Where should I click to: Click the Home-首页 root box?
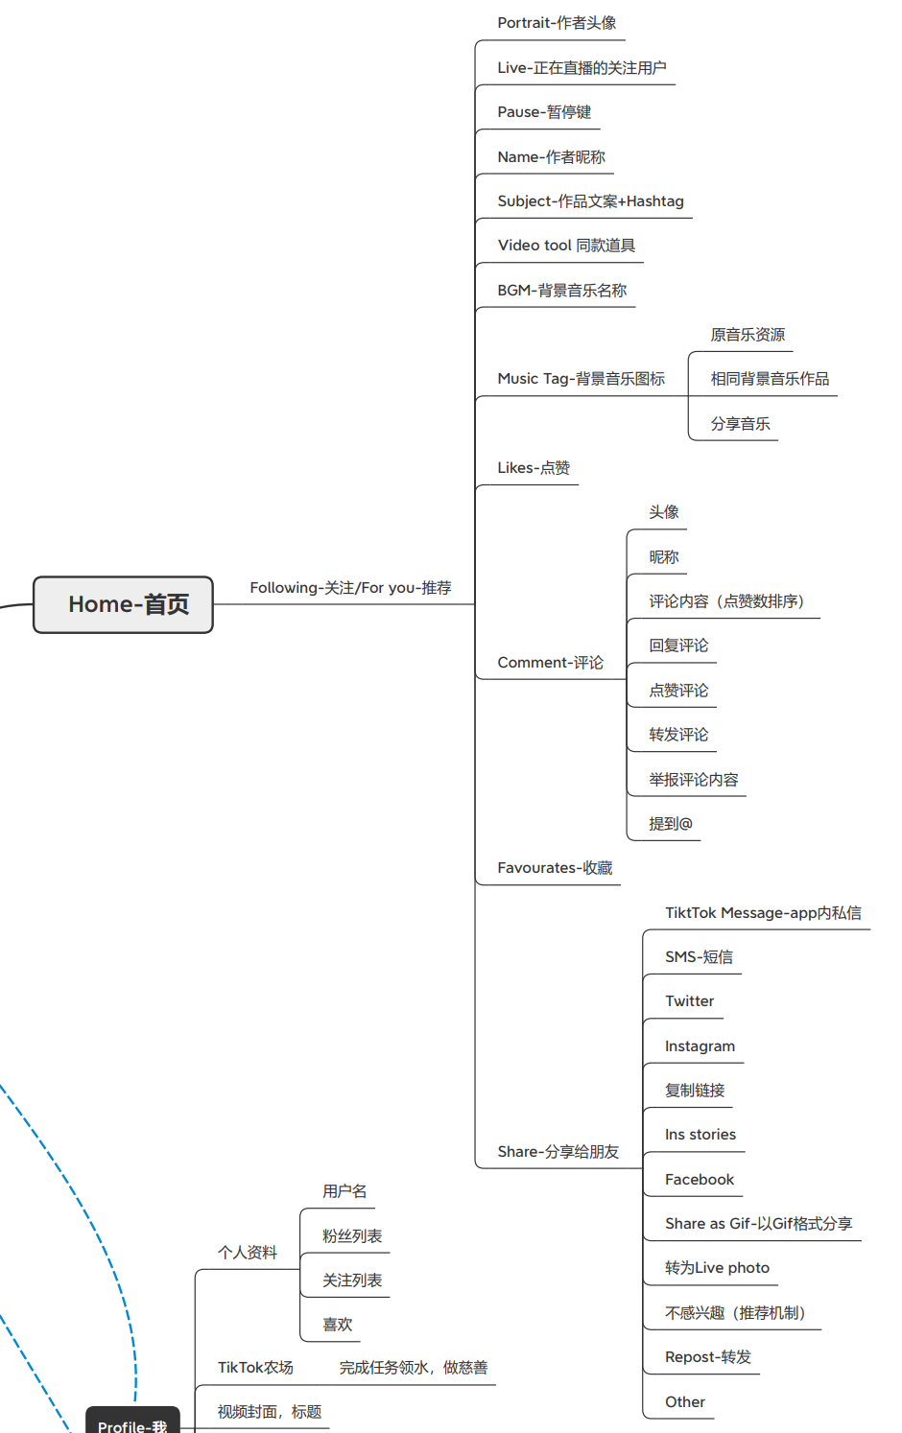point(123,604)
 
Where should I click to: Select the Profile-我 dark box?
point(132,1423)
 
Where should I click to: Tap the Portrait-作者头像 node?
point(557,23)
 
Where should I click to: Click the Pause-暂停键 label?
point(544,112)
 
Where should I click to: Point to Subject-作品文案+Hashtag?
point(590,201)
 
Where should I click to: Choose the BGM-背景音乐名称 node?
point(561,291)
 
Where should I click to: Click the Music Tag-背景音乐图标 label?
point(581,379)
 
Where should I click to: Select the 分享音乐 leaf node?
point(740,424)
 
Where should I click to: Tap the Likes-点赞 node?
point(534,468)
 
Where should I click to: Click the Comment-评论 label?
point(550,663)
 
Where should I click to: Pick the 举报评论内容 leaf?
point(693,780)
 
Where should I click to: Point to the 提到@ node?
point(670,824)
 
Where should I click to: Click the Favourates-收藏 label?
point(555,868)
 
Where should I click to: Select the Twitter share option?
point(689,1001)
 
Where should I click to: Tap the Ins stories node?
point(700,1135)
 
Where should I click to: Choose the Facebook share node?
point(700,1180)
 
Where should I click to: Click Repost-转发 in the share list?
point(708,1357)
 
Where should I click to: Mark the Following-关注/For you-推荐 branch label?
point(350,588)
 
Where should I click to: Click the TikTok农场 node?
point(255,1368)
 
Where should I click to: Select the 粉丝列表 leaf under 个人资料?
point(352,1236)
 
